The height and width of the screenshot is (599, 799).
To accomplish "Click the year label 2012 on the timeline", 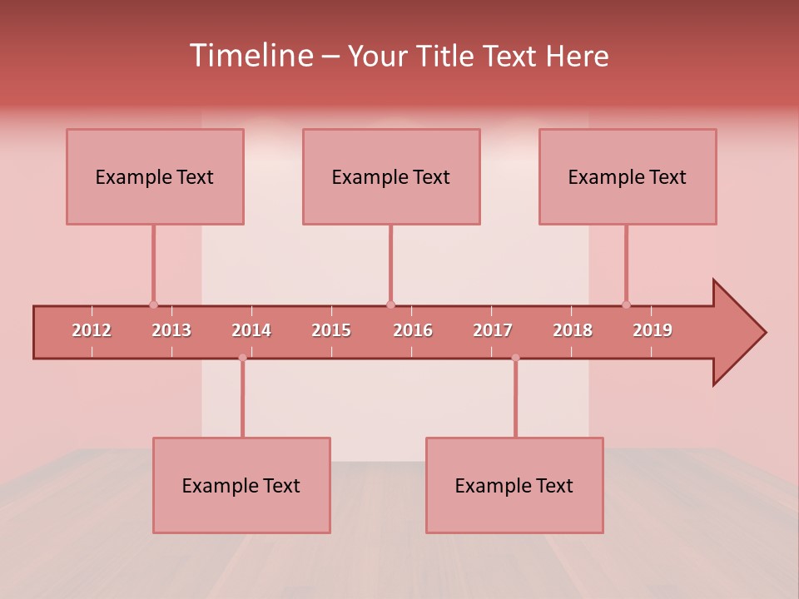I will click(92, 330).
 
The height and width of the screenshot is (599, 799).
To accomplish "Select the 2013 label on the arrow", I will click(171, 330).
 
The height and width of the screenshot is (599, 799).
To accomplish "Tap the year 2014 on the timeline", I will click(251, 330).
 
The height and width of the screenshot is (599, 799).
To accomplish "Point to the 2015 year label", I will click(331, 330).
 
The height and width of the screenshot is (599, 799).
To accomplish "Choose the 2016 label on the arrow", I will click(413, 330).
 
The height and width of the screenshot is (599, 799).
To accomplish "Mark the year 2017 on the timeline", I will click(493, 330).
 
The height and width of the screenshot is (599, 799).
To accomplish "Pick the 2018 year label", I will click(573, 330).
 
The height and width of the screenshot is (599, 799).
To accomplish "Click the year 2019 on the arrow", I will click(653, 330).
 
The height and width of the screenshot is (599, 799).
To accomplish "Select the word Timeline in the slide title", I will click(251, 56).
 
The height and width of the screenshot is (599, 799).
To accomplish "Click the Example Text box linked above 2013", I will click(155, 176).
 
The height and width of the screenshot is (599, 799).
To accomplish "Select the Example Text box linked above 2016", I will click(391, 176).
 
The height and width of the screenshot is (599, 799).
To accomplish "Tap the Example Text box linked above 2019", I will click(628, 176).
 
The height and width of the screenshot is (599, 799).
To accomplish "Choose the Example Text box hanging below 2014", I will click(241, 485).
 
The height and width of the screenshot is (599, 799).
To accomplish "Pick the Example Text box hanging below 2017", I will click(514, 485).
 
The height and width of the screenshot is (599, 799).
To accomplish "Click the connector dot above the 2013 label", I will click(153, 304).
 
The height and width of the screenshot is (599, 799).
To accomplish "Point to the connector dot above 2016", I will click(390, 304).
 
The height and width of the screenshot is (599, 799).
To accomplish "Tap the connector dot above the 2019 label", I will click(626, 304).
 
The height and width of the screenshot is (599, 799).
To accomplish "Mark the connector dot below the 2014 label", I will click(242, 358).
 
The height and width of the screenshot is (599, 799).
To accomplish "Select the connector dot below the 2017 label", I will click(515, 358).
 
